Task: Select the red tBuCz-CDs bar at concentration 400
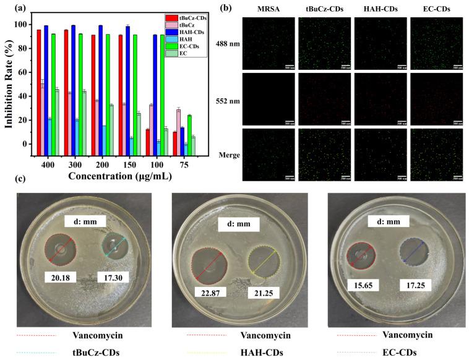pyautogui.click(x=39, y=87)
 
